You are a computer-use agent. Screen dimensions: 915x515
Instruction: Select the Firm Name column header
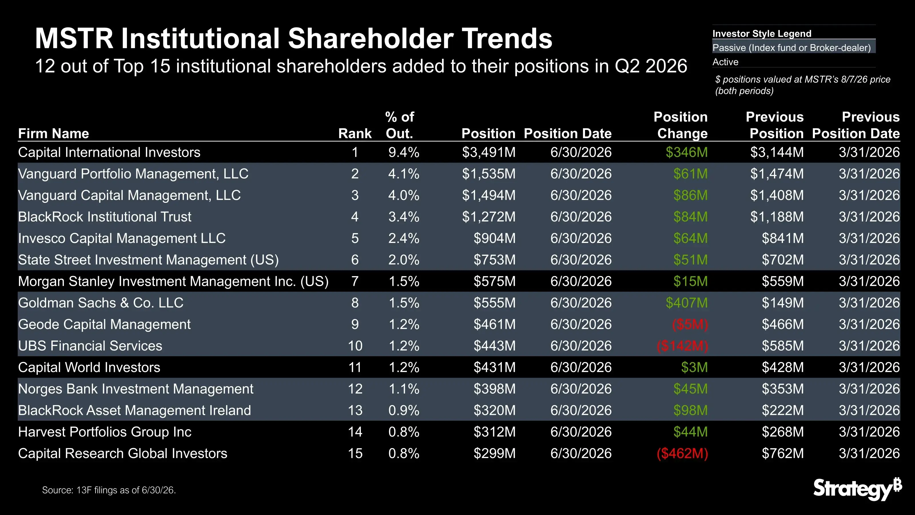click(53, 133)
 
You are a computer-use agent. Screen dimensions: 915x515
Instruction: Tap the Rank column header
click(355, 133)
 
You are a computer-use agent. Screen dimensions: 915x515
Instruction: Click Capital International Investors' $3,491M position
click(489, 152)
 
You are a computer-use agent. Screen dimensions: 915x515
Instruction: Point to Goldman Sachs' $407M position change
click(687, 303)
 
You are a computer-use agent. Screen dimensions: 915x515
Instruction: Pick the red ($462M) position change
click(682, 453)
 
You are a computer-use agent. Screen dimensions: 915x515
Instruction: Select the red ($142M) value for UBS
click(682, 346)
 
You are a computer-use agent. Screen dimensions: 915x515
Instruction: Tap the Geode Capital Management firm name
click(104, 324)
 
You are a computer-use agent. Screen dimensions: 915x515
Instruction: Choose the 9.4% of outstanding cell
click(404, 152)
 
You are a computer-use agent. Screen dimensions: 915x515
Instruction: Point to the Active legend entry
click(725, 62)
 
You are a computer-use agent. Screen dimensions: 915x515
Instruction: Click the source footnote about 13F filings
click(109, 490)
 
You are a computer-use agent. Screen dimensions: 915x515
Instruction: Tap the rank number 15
click(355, 453)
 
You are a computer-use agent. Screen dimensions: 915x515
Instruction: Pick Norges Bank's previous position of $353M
click(783, 389)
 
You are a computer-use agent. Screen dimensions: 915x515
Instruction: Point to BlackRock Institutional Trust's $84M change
click(691, 217)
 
